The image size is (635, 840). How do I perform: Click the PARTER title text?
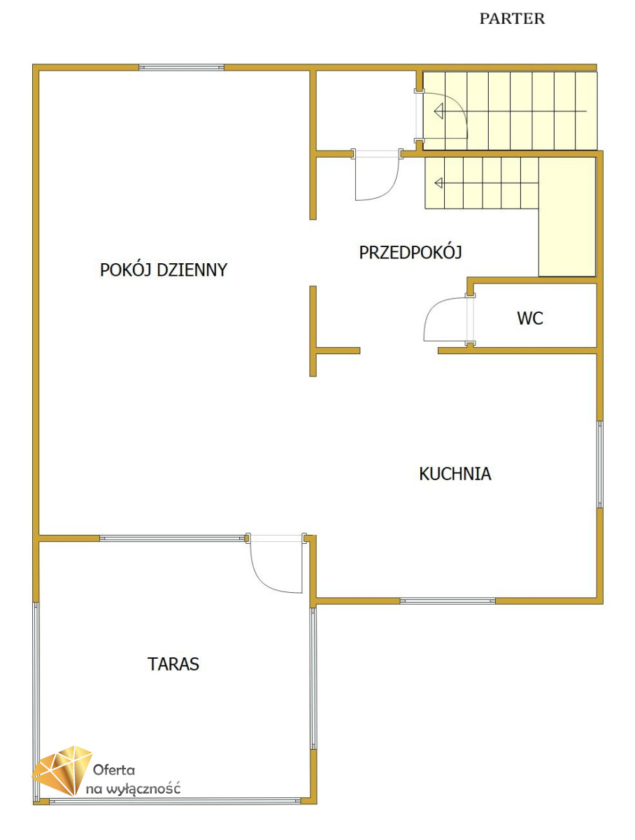511,18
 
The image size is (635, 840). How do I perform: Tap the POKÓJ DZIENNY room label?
163,269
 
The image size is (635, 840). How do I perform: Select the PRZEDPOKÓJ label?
411,252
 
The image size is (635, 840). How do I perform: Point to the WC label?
529,318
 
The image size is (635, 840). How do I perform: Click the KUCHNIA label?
455,474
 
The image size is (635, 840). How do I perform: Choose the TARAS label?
173,664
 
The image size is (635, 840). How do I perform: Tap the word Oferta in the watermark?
113,769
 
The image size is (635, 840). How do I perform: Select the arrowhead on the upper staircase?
438,111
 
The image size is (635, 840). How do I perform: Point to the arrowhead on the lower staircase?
439,183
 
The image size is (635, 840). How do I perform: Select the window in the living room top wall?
181,67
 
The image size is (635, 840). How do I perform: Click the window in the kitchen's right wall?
600,464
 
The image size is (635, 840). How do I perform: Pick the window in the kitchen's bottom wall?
448,601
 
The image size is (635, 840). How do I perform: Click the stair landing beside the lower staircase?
567,216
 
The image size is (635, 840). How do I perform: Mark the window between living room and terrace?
172,538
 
